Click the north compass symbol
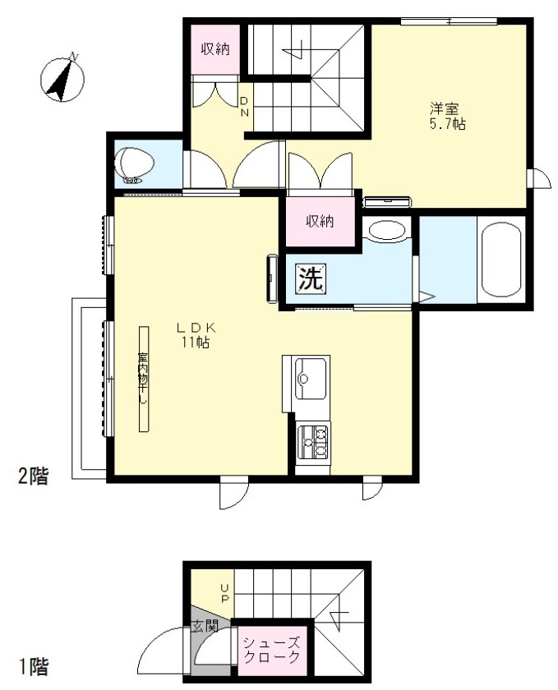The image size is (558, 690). point(62,79)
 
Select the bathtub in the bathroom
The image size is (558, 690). point(501,260)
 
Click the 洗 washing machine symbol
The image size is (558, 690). point(311,278)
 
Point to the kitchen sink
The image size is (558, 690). point(311,378)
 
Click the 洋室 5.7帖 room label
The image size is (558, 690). point(446,116)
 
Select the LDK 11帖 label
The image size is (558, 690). point(195,335)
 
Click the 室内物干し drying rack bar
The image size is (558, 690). point(144,379)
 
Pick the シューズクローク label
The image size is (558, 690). point(272,650)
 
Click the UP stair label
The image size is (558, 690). point(224,593)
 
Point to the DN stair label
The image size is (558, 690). point(244,107)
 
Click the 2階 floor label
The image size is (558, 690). point(33,476)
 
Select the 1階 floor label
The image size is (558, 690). point(34,667)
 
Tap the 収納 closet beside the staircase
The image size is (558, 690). point(215,48)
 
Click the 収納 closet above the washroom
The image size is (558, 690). point(321,221)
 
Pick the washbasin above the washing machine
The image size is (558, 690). point(386,231)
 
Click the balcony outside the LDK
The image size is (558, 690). point(89,389)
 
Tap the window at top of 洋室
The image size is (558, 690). point(449,21)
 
